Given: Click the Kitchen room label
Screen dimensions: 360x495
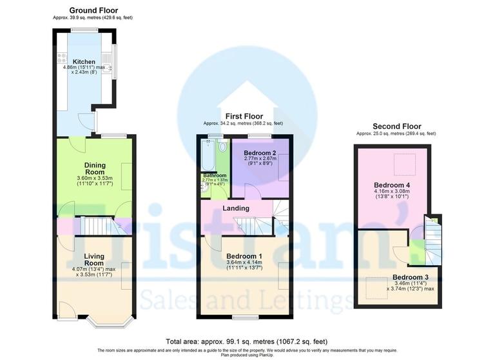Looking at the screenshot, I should (x=84, y=62).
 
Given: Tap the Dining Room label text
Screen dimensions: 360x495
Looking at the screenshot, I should (x=95, y=169).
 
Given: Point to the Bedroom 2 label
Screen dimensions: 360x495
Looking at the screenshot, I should (x=260, y=153).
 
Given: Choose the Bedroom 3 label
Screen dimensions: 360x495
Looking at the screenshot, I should (x=410, y=278).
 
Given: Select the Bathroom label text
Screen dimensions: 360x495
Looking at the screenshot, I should (x=215, y=175).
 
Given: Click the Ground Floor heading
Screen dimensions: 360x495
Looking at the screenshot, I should (x=93, y=10).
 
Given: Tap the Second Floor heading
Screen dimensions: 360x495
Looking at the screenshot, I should (x=397, y=126).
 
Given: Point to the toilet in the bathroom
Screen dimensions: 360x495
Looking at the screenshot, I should (x=223, y=146).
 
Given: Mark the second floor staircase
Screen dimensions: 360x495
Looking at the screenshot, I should (x=430, y=242).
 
